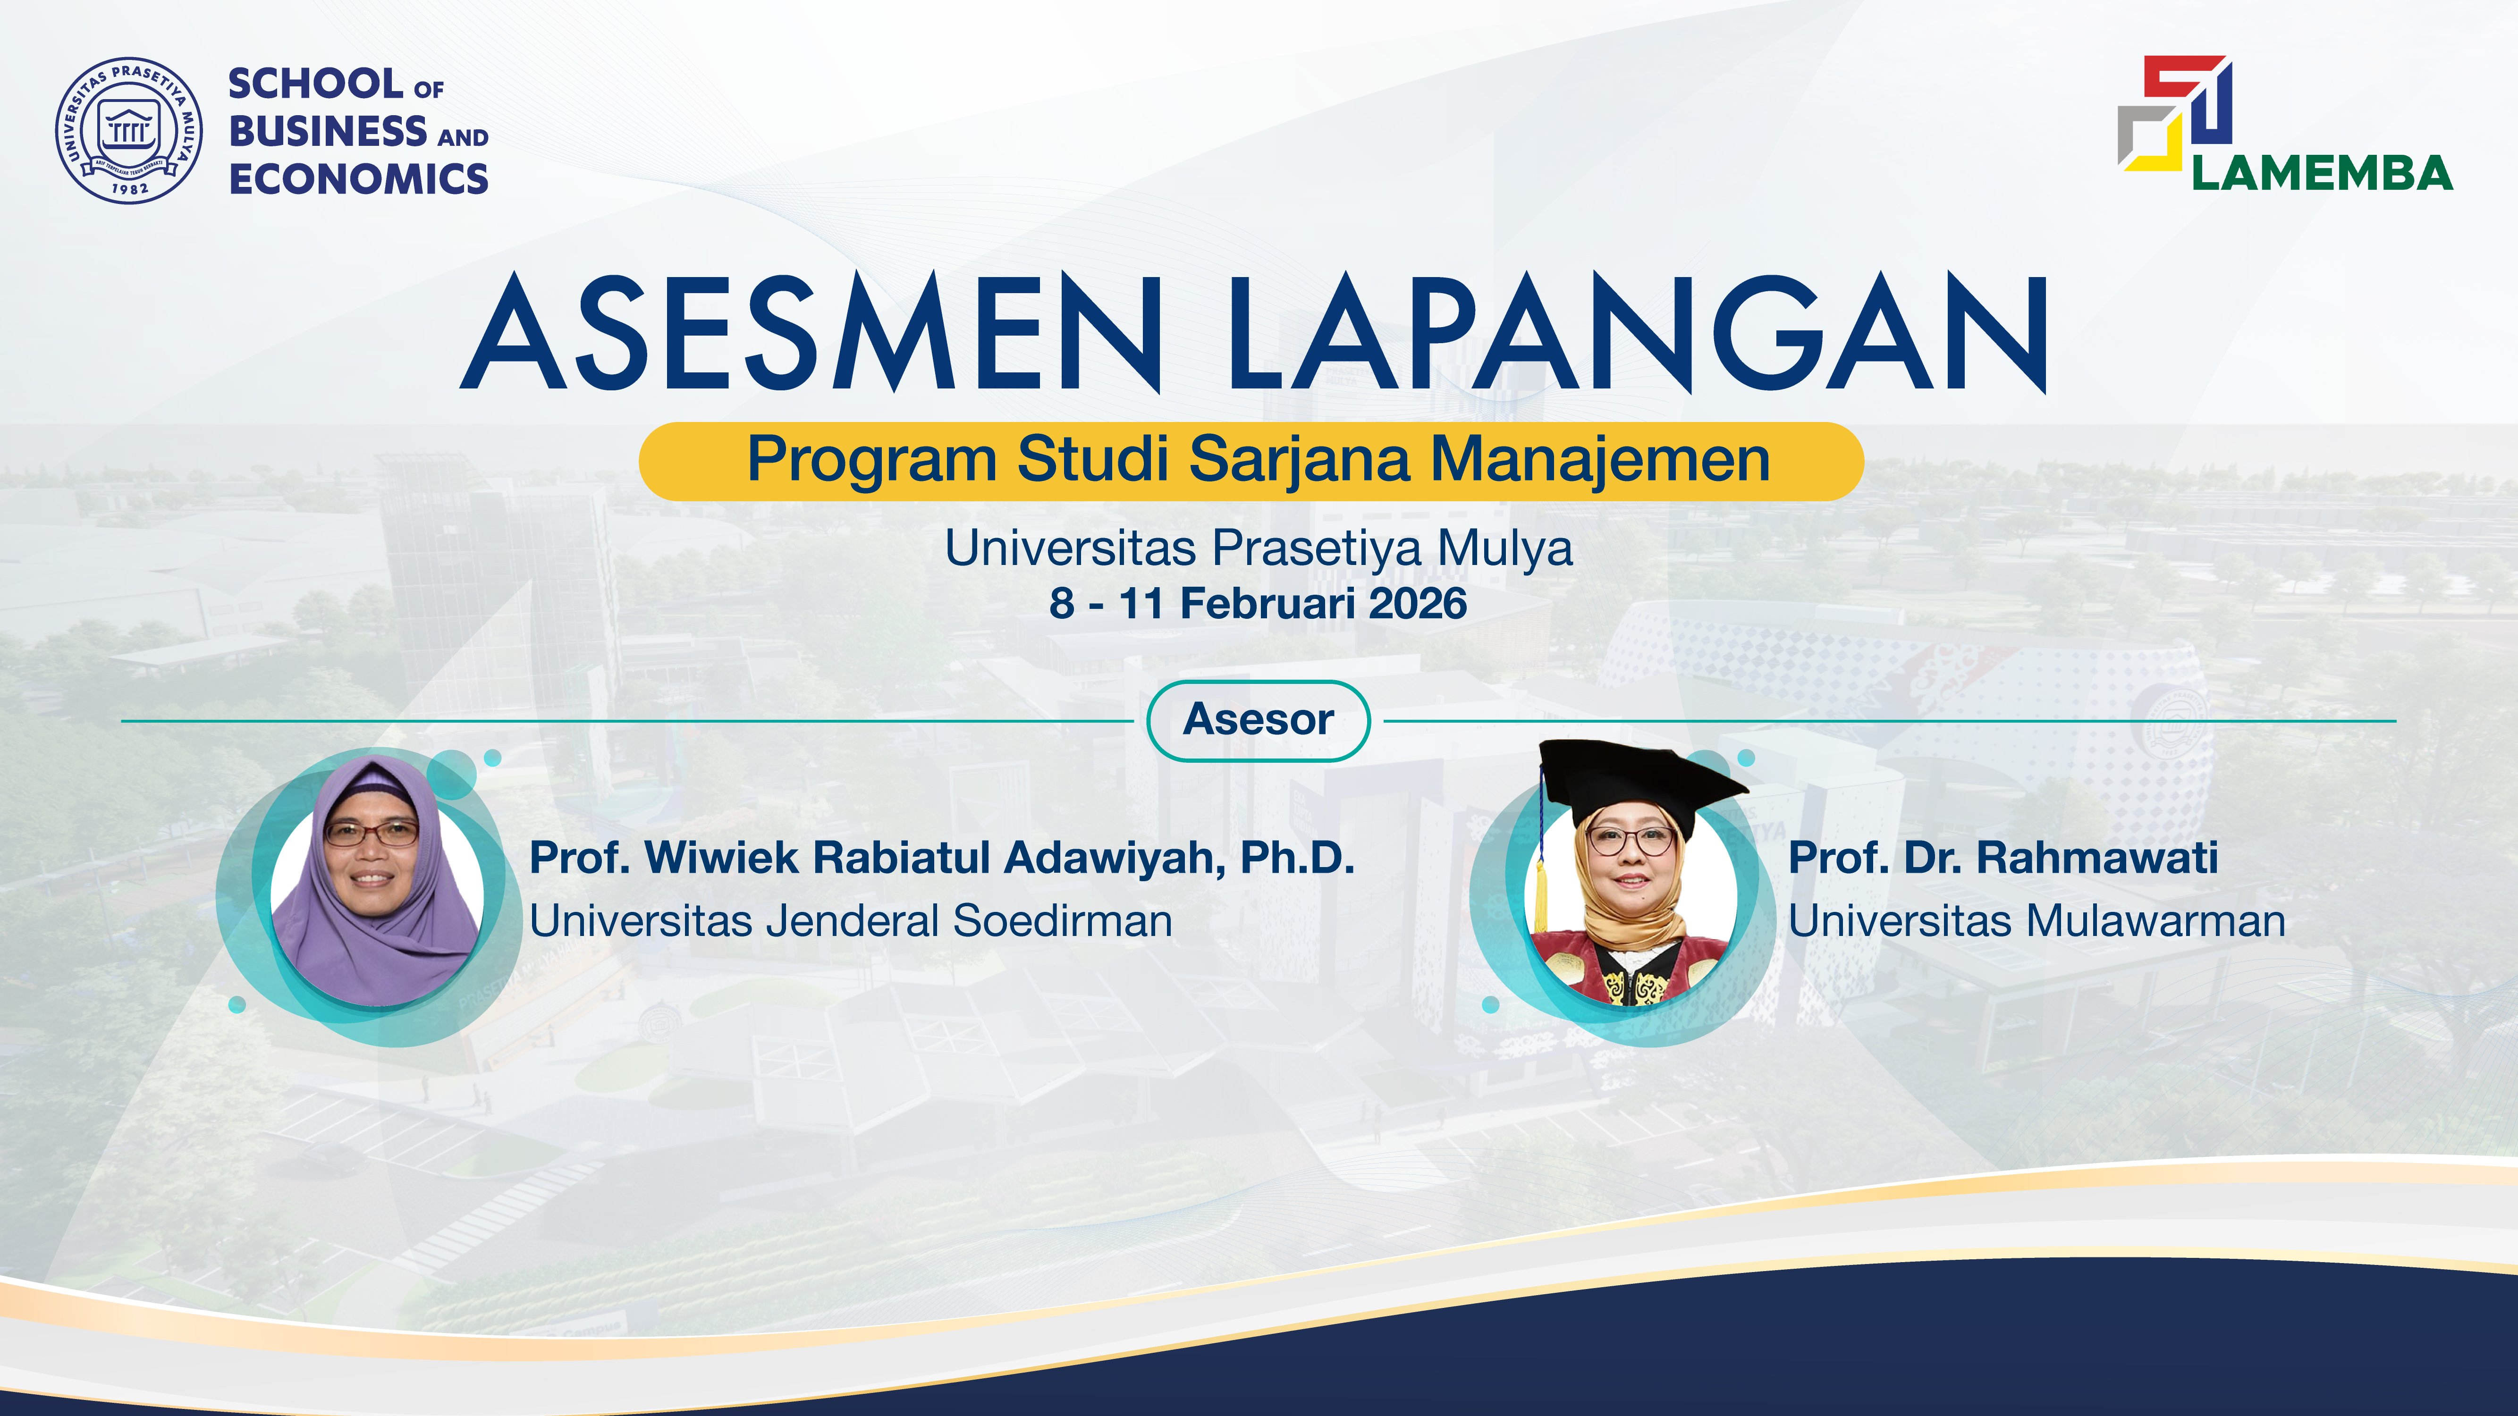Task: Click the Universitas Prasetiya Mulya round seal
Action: [x=129, y=130]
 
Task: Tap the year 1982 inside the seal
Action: [x=130, y=188]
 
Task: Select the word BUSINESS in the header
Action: [x=328, y=131]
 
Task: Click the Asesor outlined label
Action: [x=1258, y=720]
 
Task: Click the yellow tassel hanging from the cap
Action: [x=1541, y=894]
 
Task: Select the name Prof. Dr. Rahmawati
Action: [x=2003, y=858]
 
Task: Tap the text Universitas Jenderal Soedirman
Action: [x=850, y=920]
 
